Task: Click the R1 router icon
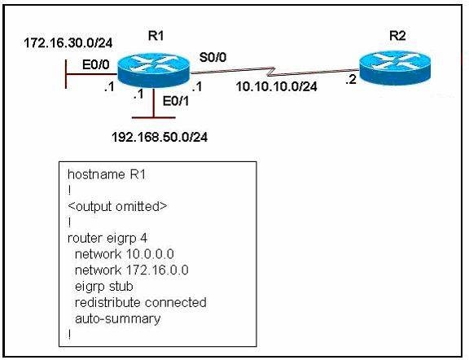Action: (x=154, y=70)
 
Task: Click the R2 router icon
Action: (x=395, y=68)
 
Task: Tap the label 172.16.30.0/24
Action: (x=68, y=43)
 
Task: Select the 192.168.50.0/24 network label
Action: (x=160, y=138)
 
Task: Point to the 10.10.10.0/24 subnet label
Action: (x=276, y=87)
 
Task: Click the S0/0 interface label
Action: (x=213, y=57)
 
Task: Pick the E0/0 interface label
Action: (x=96, y=64)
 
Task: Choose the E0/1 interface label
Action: (x=176, y=102)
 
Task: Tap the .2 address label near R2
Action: (x=351, y=80)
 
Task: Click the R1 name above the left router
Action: (x=156, y=36)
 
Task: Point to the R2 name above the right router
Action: (x=397, y=36)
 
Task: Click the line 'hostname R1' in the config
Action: (x=107, y=174)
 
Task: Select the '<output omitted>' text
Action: (x=117, y=207)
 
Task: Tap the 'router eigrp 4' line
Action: (x=107, y=239)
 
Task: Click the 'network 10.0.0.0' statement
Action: (x=124, y=254)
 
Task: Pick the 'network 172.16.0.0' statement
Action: (x=132, y=270)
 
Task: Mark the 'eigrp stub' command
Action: (x=104, y=287)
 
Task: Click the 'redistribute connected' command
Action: (x=141, y=302)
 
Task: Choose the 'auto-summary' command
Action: (x=118, y=319)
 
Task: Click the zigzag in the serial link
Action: (x=272, y=71)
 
